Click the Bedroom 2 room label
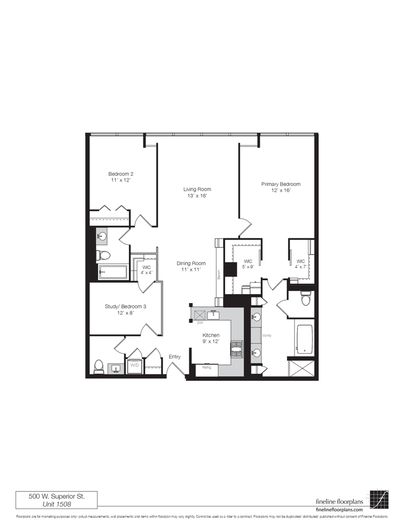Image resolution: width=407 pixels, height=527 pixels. [121, 177]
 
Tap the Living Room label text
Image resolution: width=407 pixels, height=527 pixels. [197, 192]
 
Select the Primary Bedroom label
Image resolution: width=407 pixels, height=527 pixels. [280, 187]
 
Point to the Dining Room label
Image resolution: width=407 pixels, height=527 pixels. [191, 266]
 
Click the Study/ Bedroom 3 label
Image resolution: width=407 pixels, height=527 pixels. [125, 310]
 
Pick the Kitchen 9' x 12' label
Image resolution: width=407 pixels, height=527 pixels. [211, 339]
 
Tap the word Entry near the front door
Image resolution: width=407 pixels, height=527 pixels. [174, 357]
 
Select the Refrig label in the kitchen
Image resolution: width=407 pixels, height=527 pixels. [207, 367]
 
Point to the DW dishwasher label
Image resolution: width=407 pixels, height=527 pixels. [199, 323]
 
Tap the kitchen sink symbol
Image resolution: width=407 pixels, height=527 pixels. [213, 315]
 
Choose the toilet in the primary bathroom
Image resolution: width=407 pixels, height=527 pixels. [306, 299]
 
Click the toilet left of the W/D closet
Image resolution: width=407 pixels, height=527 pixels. [99, 366]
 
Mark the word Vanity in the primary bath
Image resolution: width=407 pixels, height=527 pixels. [266, 336]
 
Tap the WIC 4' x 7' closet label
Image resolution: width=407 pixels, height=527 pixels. [301, 264]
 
